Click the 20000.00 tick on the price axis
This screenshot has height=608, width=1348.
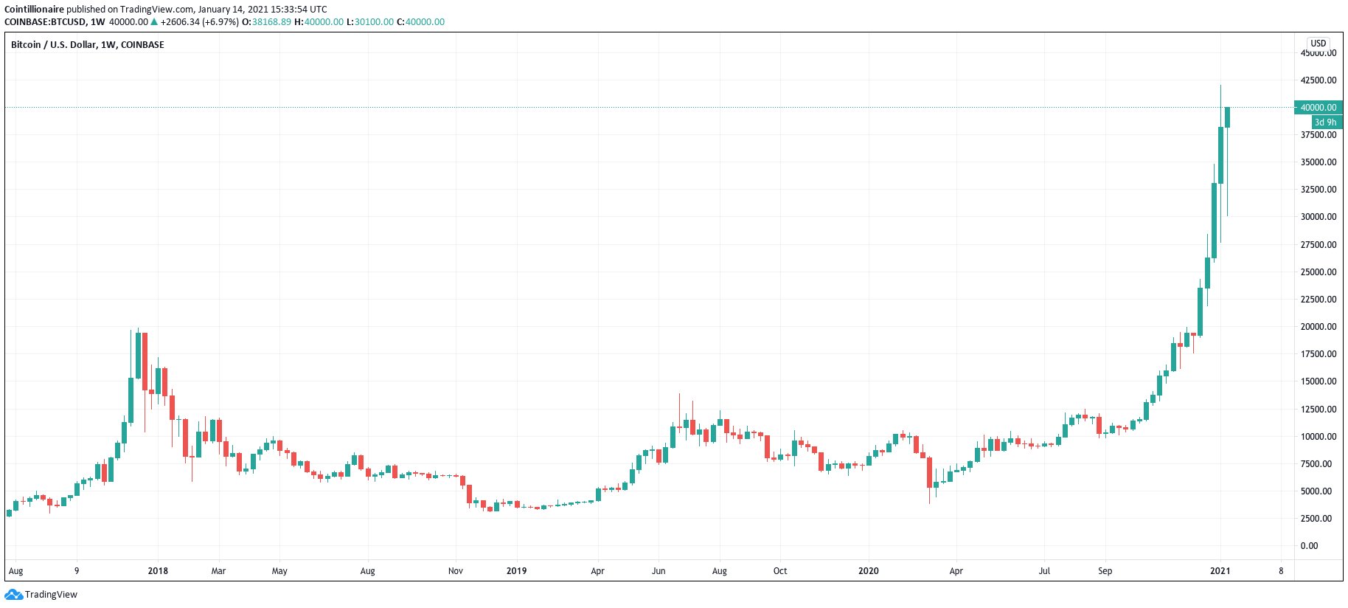click(1318, 327)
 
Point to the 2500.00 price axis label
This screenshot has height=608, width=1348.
click(1318, 519)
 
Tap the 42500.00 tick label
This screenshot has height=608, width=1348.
click(1318, 80)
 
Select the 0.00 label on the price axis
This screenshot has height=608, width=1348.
click(1309, 546)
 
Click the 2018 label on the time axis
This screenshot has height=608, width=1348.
click(158, 571)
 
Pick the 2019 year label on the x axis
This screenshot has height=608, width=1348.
click(516, 571)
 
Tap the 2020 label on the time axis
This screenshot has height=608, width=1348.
click(869, 571)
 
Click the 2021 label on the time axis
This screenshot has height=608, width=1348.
click(1220, 571)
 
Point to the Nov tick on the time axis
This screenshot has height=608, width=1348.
click(456, 571)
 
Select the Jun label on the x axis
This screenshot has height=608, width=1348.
click(659, 571)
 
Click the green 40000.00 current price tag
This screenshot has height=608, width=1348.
click(1318, 108)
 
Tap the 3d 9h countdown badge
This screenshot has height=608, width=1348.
click(1325, 122)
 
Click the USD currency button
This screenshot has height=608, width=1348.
click(1318, 44)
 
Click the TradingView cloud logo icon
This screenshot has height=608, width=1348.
click(13, 595)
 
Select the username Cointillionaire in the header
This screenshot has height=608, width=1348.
click(34, 10)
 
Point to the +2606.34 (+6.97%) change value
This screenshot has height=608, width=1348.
click(199, 22)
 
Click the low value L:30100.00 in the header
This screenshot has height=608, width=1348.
click(369, 22)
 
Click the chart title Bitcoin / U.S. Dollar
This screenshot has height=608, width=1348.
click(54, 45)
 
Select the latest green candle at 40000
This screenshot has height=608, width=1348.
click(1227, 117)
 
